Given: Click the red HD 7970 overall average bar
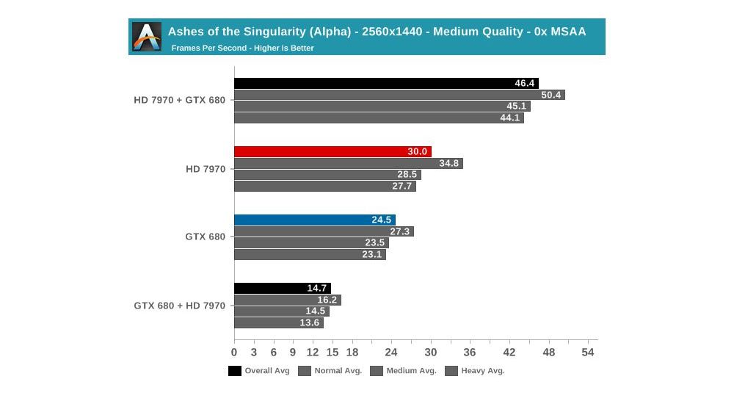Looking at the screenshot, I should tap(332, 152).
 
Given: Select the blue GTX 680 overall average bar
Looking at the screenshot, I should tap(314, 220).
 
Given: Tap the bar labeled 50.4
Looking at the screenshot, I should tap(399, 95).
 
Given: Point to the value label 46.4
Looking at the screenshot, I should tap(525, 84).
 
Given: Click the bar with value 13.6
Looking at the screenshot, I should tap(278, 322).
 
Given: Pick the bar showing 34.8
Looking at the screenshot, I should tap(348, 163).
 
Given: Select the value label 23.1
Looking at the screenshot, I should tap(372, 255).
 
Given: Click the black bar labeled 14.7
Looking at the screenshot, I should tap(282, 288).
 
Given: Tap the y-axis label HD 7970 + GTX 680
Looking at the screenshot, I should tap(179, 101).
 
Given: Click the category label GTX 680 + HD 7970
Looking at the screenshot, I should tap(179, 305).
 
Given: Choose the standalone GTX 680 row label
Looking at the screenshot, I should tap(205, 237).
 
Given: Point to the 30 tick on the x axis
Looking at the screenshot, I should tap(430, 353).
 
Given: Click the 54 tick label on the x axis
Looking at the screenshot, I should tap(587, 353).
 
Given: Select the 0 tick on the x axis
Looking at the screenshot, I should tap(234, 353).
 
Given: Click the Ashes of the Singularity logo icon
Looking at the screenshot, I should tap(147, 37).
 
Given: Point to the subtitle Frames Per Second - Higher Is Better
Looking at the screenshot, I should tap(242, 48).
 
